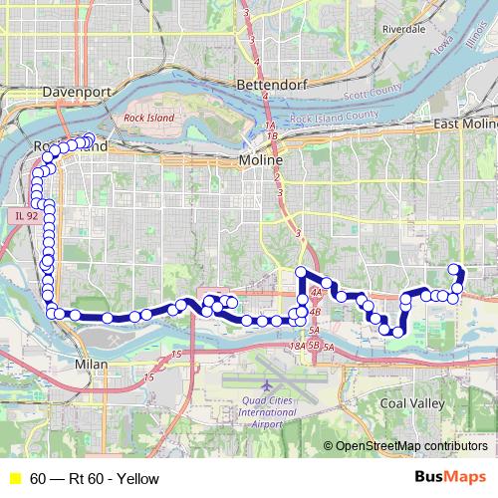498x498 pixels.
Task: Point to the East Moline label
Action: click(464, 123)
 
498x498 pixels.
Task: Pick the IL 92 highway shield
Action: click(27, 215)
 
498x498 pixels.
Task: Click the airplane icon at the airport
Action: click(267, 384)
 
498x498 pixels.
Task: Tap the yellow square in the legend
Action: click(14, 479)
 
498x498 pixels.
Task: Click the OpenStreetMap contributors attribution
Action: click(409, 445)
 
